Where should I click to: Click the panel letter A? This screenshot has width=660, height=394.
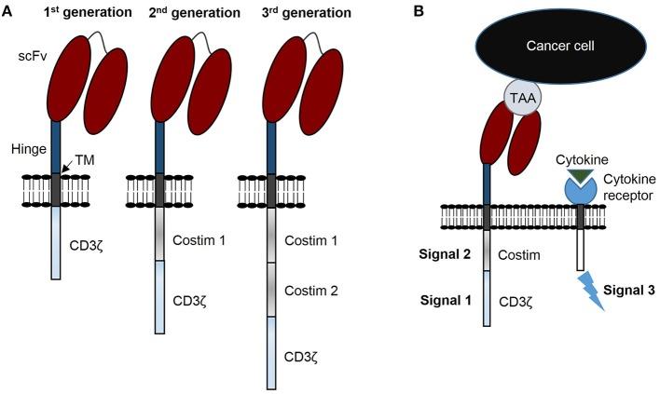click(x=8, y=12)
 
